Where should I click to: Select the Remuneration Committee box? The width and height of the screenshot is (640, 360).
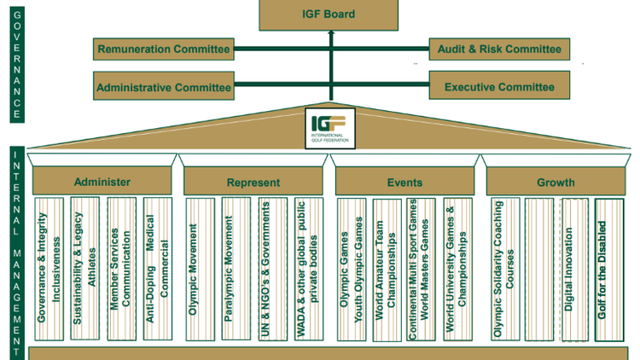pos(163,49)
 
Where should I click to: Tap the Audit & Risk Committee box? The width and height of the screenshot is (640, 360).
pos(499,49)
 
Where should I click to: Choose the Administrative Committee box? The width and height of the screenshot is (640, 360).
pos(163,87)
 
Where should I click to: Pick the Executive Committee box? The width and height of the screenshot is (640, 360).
pos(499,87)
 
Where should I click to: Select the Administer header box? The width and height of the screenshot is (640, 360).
pos(102,182)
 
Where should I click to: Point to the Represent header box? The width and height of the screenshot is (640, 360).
pos(253,182)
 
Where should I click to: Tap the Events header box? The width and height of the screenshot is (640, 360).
pos(404,182)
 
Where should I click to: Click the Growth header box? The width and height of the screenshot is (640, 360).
pos(556,182)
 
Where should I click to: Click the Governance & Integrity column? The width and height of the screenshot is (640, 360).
pos(49,269)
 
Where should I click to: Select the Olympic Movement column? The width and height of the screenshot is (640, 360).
pos(200,269)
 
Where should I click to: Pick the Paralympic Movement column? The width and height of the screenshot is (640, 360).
pos(236,269)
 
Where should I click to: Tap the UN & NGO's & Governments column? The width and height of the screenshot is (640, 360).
pos(272,269)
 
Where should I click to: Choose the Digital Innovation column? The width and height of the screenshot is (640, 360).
pos(574,269)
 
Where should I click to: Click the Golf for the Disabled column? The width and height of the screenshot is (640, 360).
pos(609,269)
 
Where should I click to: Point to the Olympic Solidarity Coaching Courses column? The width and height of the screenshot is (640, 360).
pos(504,269)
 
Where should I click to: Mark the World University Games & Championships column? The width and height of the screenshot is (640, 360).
pos(457,269)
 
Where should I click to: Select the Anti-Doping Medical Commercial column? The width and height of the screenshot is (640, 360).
pos(158,269)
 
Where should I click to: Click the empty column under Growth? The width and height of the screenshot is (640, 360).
pos(539,269)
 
